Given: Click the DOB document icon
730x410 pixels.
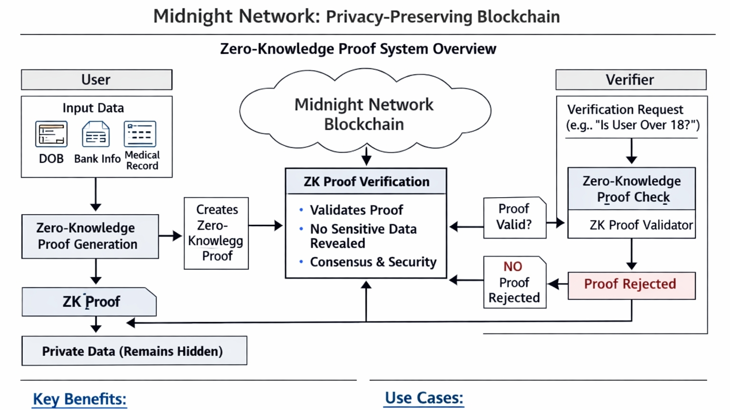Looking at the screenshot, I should pos(51,134).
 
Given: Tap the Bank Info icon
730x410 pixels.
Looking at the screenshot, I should pos(96,134).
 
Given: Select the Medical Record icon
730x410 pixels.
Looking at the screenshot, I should pos(140,134).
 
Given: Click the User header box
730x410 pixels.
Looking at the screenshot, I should pos(96,80).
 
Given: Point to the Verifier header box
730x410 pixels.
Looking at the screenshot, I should pos(631,80).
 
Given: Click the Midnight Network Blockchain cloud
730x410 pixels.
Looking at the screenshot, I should pos(364,114).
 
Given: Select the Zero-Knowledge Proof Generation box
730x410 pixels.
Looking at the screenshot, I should pos(90,236).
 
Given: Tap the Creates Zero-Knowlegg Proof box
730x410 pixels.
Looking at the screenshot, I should pos(216,233).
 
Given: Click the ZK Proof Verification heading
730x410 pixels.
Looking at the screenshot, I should pos(366,181).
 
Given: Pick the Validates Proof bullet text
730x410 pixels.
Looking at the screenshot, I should pos(356,210).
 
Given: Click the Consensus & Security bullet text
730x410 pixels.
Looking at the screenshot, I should pos(373,262).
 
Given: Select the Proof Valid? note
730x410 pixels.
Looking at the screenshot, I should pos(514,217).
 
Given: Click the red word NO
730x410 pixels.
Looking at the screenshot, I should pos(513,267).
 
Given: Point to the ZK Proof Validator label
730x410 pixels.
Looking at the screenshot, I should pos(641,225).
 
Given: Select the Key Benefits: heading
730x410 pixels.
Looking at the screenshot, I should pos(79,399).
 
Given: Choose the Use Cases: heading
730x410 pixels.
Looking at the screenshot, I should pos(423,398).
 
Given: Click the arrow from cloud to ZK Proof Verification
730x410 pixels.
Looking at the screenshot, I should pos(366,156).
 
